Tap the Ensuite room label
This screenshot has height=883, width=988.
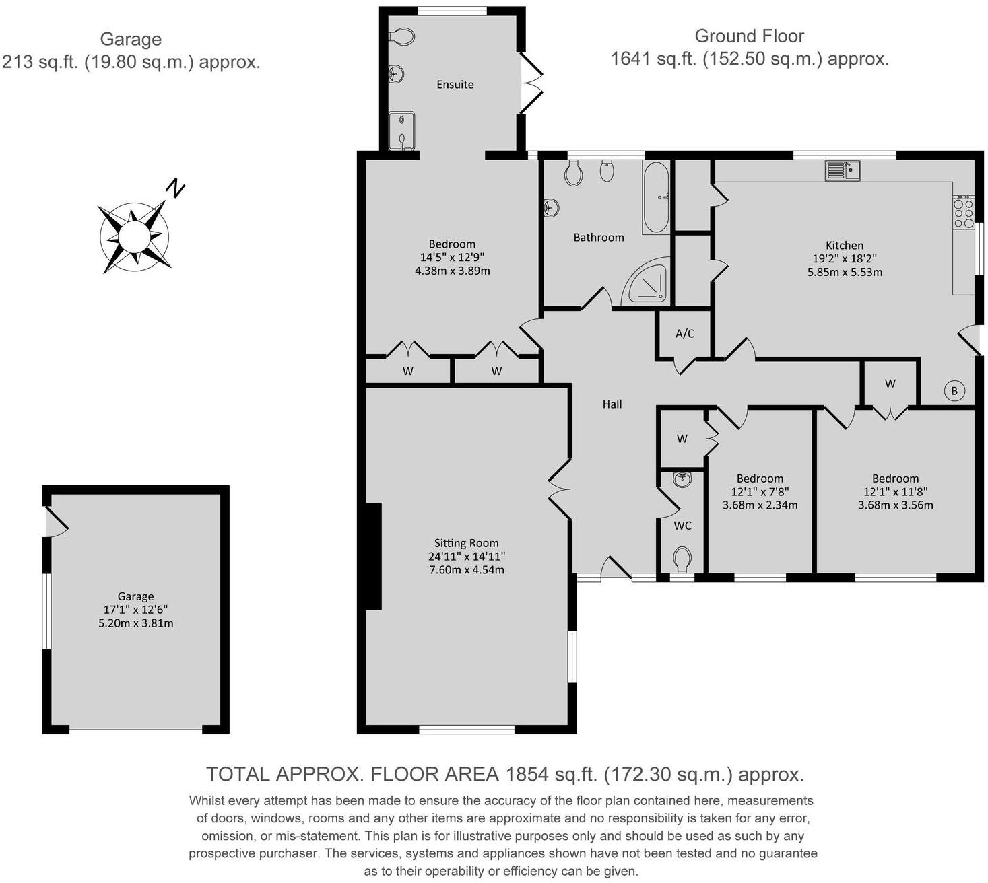pos(455,84)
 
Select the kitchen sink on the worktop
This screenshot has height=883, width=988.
pos(843,170)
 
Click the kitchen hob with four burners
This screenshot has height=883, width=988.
pos(963,213)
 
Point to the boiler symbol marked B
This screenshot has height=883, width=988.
pos(954,390)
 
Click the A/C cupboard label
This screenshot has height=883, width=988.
pos(684,333)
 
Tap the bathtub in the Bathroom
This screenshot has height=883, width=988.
pos(656,197)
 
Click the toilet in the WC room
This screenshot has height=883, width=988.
pos(682,558)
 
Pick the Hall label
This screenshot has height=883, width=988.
pos(612,404)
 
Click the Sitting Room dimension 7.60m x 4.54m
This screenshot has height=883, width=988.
pos(466,569)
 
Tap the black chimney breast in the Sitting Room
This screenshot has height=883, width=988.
pos(373,556)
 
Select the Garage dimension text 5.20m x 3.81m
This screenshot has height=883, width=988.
pos(135,623)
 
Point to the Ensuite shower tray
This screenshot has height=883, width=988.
pos(401,131)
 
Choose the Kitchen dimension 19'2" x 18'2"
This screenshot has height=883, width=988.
pos(845,258)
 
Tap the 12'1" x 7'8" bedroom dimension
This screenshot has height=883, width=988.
pos(760,492)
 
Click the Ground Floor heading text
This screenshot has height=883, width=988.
pos(749,36)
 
